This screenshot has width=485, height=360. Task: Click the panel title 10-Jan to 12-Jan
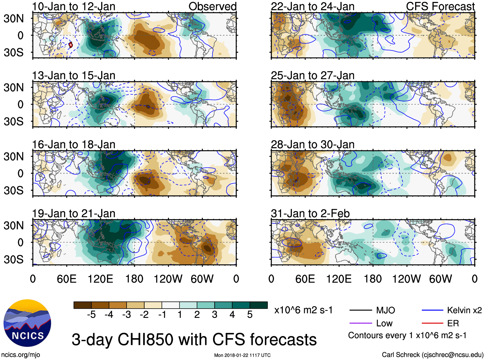[74, 6]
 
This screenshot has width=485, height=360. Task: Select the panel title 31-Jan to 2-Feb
[310, 214]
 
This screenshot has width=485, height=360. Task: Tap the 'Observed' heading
[212, 6]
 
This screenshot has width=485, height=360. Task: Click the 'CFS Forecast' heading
[440, 6]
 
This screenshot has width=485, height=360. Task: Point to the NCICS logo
[27, 323]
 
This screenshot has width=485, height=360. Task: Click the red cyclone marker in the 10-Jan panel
[71, 45]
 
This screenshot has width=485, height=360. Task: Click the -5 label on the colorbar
[91, 315]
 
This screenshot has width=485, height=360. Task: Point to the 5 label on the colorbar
[250, 315]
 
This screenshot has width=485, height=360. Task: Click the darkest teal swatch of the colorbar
[259, 305]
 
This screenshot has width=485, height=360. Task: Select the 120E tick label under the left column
[101, 279]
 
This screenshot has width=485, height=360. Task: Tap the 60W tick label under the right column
[440, 279]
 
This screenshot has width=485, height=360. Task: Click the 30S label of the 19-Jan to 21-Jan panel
[13, 259]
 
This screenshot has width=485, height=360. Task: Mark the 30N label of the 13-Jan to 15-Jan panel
[13, 87]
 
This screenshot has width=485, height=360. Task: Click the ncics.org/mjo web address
[21, 355]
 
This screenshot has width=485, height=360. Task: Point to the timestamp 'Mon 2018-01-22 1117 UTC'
[242, 355]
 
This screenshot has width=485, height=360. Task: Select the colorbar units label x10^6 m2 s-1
[304, 310]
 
